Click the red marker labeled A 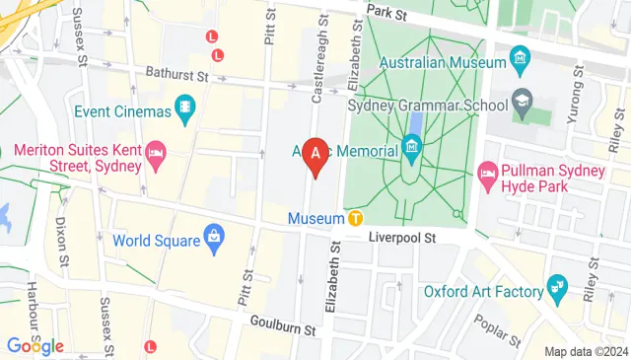point(315,154)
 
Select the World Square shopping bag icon point(212,238)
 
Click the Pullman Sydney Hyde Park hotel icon point(487,176)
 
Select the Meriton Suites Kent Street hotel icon point(155,154)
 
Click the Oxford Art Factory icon point(559,291)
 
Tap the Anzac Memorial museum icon point(413,151)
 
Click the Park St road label point(386,12)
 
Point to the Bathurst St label point(174,74)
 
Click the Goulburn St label point(282,323)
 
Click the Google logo point(35,346)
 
